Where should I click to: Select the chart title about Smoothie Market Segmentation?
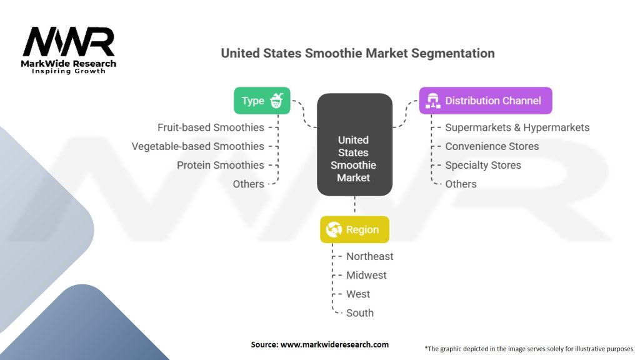tap(357, 53)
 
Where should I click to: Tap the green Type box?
tap(262, 101)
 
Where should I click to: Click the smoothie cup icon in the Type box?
tap(277, 101)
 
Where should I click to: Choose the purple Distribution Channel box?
tap(485, 101)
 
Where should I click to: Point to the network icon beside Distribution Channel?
tap(432, 101)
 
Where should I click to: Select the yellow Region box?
tap(354, 229)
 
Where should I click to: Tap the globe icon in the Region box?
tap(334, 229)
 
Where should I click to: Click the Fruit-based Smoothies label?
tap(211, 127)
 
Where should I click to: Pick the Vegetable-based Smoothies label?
tap(197, 146)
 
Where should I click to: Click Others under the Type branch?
tap(248, 184)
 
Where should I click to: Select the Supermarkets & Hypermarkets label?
tap(517, 127)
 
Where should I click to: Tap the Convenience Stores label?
tap(491, 146)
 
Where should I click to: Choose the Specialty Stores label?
tap(482, 165)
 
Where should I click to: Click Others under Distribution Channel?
tap(461, 184)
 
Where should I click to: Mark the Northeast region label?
tap(370, 256)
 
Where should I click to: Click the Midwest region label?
tap(366, 275)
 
